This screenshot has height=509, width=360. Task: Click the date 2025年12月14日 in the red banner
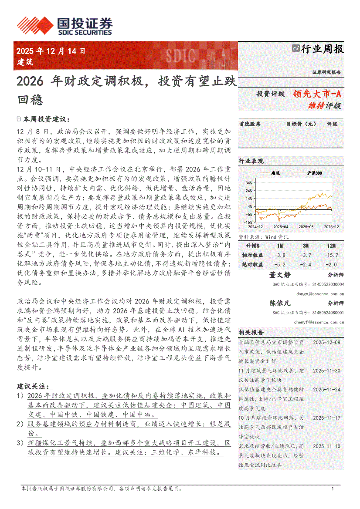coord(51,51)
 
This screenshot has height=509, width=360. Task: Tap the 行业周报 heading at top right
coord(322,49)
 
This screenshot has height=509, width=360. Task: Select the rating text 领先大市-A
coord(317,94)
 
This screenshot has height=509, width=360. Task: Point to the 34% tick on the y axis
coord(249,183)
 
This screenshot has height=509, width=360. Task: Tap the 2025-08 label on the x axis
coord(306,227)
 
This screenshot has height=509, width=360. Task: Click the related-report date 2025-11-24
coord(326,389)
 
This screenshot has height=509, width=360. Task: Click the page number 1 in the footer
coord(333,489)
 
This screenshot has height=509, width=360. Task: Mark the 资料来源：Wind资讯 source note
coord(263,237)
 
